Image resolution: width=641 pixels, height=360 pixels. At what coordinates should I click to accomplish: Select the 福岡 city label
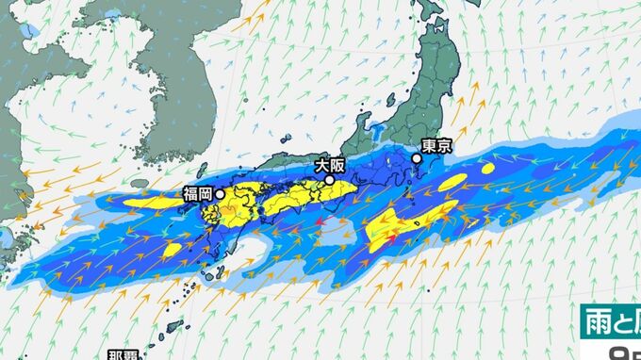(198, 195)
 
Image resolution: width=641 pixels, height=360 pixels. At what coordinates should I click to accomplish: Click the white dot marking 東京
(417, 158)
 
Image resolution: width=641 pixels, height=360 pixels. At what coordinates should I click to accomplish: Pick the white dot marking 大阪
(330, 179)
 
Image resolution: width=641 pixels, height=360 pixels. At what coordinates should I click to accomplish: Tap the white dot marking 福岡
(220, 194)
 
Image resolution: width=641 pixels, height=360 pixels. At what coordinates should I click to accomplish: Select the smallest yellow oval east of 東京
(488, 170)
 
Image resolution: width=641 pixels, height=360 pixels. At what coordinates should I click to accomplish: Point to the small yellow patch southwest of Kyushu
(172, 250)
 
